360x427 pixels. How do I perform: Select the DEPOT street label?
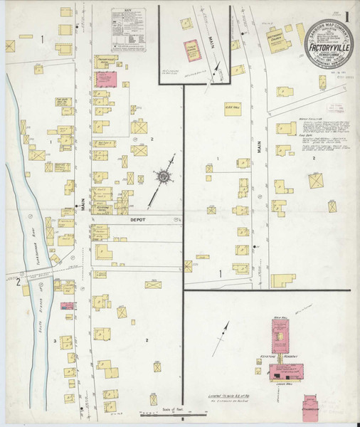tap(136, 221)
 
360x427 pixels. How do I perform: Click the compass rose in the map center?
tap(162, 175)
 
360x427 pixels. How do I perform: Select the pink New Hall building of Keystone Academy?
tap(280, 334)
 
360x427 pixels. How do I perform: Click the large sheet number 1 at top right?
tap(346, 14)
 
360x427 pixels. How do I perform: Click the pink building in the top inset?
tap(191, 48)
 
